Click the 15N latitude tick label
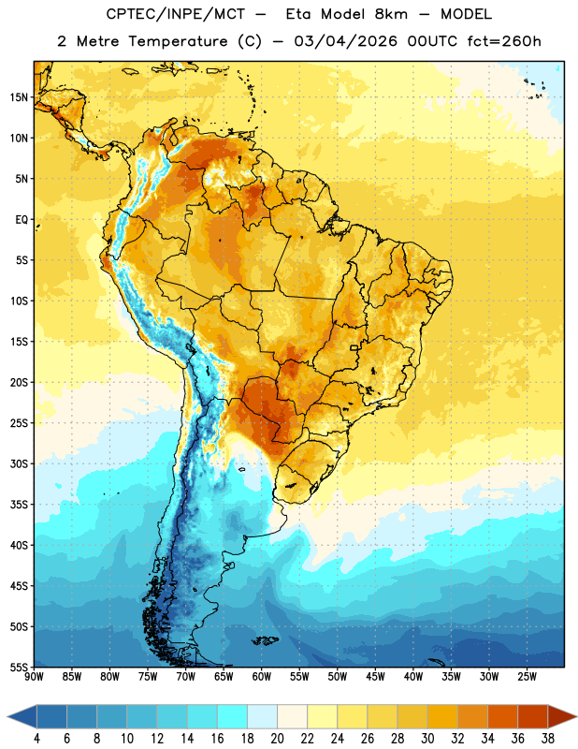point(19,97)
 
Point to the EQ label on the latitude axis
point(22,220)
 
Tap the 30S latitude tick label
point(19,463)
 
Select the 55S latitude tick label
point(19,667)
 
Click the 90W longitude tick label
point(34,677)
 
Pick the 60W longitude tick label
point(262,677)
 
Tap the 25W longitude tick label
point(527,677)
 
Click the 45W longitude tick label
point(375,677)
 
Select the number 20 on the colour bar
point(277,739)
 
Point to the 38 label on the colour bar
point(548,739)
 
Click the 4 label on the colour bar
point(36,739)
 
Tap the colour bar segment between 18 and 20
point(263,717)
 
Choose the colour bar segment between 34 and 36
point(503,717)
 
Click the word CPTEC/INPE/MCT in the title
point(176,14)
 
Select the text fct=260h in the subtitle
point(504,41)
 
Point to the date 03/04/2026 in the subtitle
point(345,41)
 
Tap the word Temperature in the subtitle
point(178,41)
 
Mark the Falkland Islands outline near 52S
point(265,640)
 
